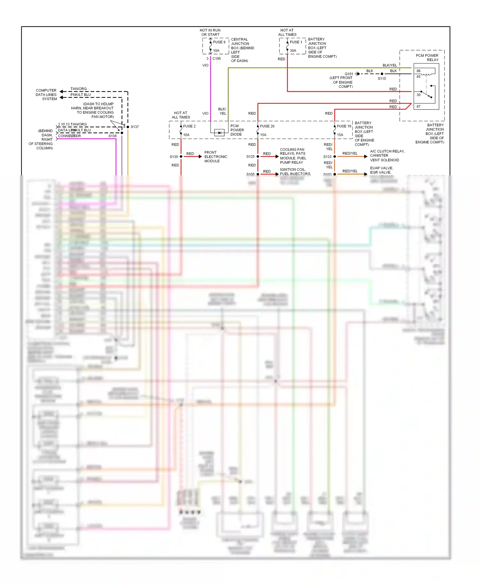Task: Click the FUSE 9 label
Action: click(x=219, y=42)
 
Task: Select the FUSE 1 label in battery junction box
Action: click(x=296, y=42)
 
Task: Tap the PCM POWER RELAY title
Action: click(x=427, y=58)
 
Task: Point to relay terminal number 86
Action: click(x=419, y=71)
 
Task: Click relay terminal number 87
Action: click(x=419, y=107)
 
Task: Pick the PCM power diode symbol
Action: click(x=219, y=132)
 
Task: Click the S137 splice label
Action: click(x=135, y=127)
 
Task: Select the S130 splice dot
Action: click(x=181, y=156)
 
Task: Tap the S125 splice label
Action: click(x=250, y=156)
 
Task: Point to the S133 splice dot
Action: click(x=335, y=156)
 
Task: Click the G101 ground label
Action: click(x=349, y=74)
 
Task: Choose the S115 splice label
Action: click(x=382, y=78)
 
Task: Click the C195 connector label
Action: click(x=217, y=59)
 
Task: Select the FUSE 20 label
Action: click(x=267, y=126)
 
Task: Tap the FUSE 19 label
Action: click(x=344, y=126)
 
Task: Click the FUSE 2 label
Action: click(x=189, y=126)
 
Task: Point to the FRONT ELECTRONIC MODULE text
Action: click(x=216, y=156)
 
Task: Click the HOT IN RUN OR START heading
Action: click(x=210, y=32)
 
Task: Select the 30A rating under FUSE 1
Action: click(x=293, y=51)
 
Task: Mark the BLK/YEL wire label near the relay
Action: click(x=389, y=65)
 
